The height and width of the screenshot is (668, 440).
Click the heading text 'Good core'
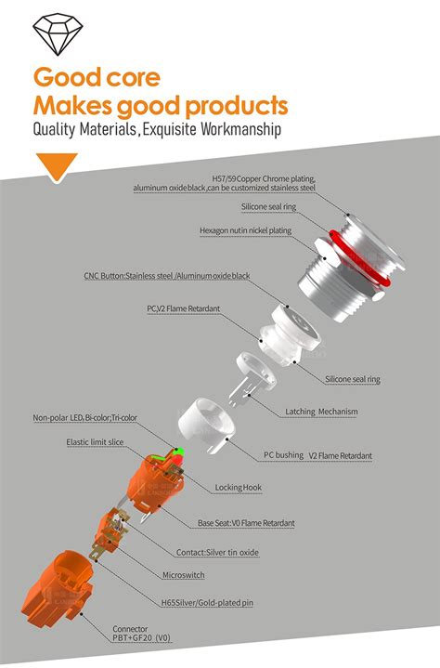97,77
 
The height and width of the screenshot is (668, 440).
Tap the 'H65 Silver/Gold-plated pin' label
207,602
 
